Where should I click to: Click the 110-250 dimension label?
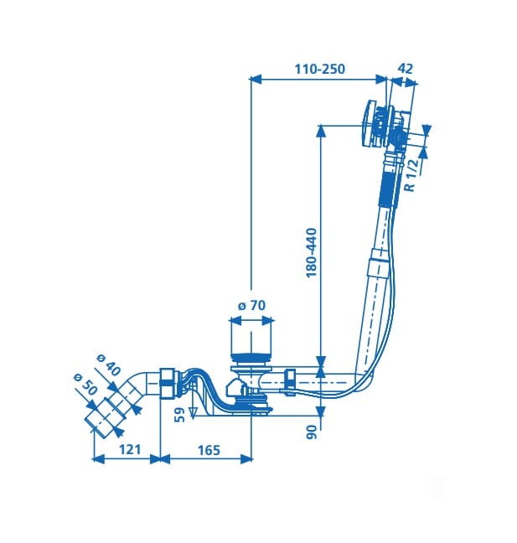coord(319,69)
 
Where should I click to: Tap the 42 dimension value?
coord(406,69)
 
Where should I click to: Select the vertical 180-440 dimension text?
coord(312,252)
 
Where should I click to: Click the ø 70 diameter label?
coord(251,305)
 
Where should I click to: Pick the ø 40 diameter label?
coord(109,365)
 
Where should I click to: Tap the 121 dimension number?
coord(130,449)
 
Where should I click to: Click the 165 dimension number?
coord(209,450)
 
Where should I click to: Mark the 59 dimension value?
coord(179,415)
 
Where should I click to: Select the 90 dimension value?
coord(312,432)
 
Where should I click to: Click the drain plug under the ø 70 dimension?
coord(251,357)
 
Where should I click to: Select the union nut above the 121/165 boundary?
coord(168,384)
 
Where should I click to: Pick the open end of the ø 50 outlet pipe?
coord(96,425)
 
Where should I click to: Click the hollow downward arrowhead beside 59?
coord(193,411)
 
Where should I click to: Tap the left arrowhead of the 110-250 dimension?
coord(255,80)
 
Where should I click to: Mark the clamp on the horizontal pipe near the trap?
coord(289,382)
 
